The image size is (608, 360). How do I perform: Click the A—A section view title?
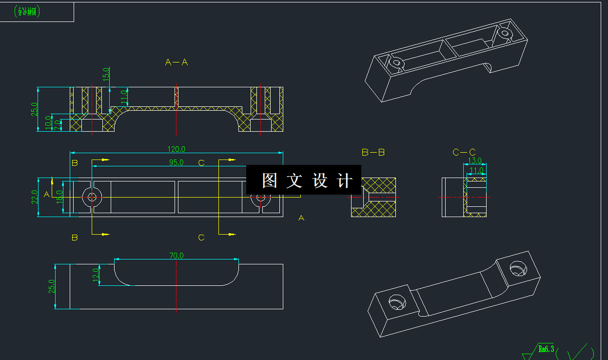click(x=177, y=62)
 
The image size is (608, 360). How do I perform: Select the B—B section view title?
click(x=373, y=152)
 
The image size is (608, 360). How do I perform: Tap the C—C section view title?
click(x=464, y=152)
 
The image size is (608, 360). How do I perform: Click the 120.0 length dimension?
click(x=177, y=149)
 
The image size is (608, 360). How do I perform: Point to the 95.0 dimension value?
click(x=176, y=162)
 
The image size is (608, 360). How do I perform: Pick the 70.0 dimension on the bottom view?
click(x=176, y=255)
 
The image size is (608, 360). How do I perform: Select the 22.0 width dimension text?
click(x=35, y=197)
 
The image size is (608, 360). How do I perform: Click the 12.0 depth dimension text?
click(x=96, y=275)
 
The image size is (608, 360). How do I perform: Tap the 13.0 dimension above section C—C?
click(x=474, y=160)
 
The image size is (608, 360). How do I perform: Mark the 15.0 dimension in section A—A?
click(x=106, y=75)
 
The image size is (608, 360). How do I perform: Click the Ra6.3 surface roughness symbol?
click(x=546, y=349)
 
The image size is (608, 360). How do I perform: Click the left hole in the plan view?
click(x=92, y=197)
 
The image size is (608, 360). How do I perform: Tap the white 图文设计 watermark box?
click(x=304, y=180)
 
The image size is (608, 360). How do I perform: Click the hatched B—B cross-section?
click(x=373, y=197)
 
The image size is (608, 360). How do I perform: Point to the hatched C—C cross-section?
click(x=474, y=197)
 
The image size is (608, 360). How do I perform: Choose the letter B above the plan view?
click(x=75, y=163)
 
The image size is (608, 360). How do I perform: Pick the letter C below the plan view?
click(x=201, y=238)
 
